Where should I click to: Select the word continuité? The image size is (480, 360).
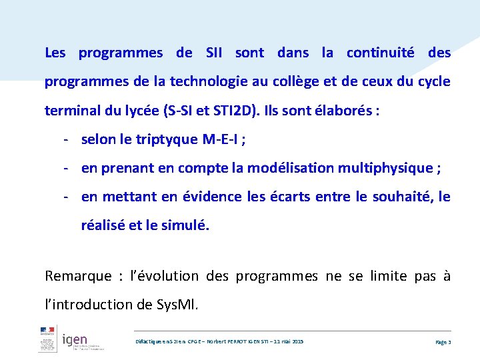coord(380,53)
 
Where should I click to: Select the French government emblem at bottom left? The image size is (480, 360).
coord(47,341)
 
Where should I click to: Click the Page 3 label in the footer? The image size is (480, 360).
coord(443,341)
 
